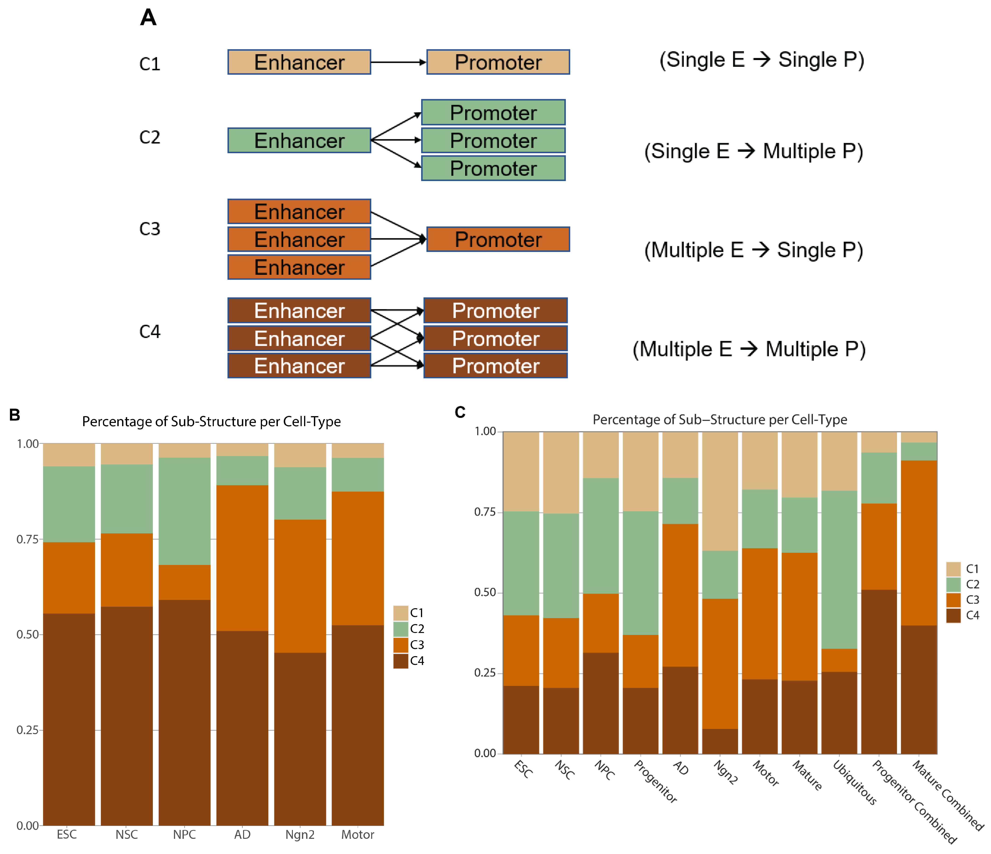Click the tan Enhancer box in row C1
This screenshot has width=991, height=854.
click(x=299, y=62)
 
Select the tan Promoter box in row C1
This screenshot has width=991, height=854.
click(x=498, y=62)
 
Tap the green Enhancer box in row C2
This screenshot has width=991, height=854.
click(x=299, y=141)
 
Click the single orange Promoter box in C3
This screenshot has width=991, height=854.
click(x=498, y=239)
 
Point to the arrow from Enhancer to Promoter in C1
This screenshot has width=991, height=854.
click(x=398, y=62)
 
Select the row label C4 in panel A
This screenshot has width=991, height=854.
click(x=150, y=331)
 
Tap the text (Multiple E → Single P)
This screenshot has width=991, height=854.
click(x=753, y=250)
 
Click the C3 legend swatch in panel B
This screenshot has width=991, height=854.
click(x=400, y=645)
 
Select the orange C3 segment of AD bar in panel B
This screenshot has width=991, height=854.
click(x=242, y=558)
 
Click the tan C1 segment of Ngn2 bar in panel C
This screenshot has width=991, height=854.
click(x=720, y=491)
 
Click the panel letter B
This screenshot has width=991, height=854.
click(x=14, y=414)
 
